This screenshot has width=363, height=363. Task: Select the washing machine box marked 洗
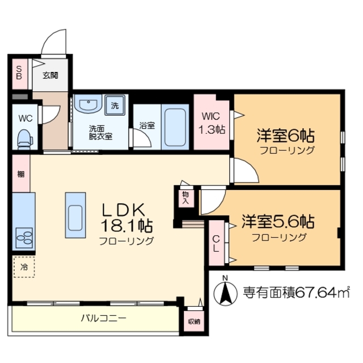[115, 105]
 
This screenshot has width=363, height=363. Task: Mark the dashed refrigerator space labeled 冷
[24, 265]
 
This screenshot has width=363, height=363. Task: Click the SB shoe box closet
[18, 73]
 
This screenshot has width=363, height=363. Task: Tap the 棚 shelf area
[20, 174]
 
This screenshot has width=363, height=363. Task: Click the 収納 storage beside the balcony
[193, 321]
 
